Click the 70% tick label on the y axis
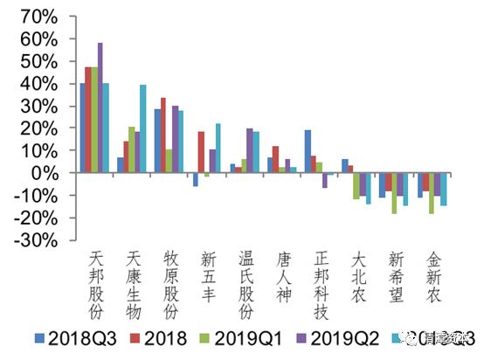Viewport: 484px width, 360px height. [42, 17]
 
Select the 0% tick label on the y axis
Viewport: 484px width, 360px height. [48, 173]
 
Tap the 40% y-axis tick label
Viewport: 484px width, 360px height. [42, 84]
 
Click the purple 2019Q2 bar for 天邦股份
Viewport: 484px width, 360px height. [100, 107]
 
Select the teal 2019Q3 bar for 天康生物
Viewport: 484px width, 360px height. [143, 128]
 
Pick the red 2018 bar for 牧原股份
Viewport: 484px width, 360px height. [162, 135]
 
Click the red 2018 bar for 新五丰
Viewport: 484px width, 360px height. [201, 152]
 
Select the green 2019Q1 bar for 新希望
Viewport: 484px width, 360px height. [394, 193]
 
